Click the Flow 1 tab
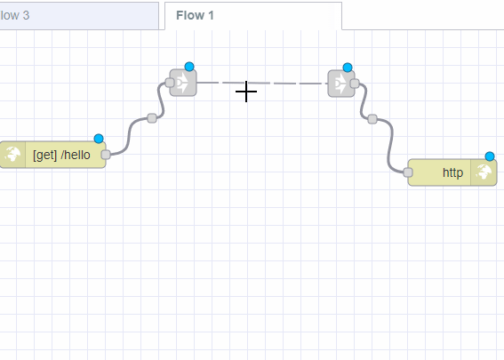click(x=195, y=15)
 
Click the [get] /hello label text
click(x=61, y=155)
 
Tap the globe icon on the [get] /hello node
click(x=14, y=155)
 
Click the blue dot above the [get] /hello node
click(x=98, y=139)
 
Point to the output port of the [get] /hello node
click(x=106, y=155)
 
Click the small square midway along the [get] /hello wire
click(x=152, y=117)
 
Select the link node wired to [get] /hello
click(x=184, y=84)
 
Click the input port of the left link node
click(x=170, y=84)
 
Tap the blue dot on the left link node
click(x=188, y=67)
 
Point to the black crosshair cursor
click(x=246, y=91)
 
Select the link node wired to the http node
click(x=340, y=84)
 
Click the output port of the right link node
click(x=354, y=84)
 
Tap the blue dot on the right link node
click(x=348, y=68)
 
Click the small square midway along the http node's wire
click(x=372, y=118)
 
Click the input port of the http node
click(x=408, y=172)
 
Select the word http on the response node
click(x=452, y=172)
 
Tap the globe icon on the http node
click(x=484, y=172)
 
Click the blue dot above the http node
click(x=489, y=156)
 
